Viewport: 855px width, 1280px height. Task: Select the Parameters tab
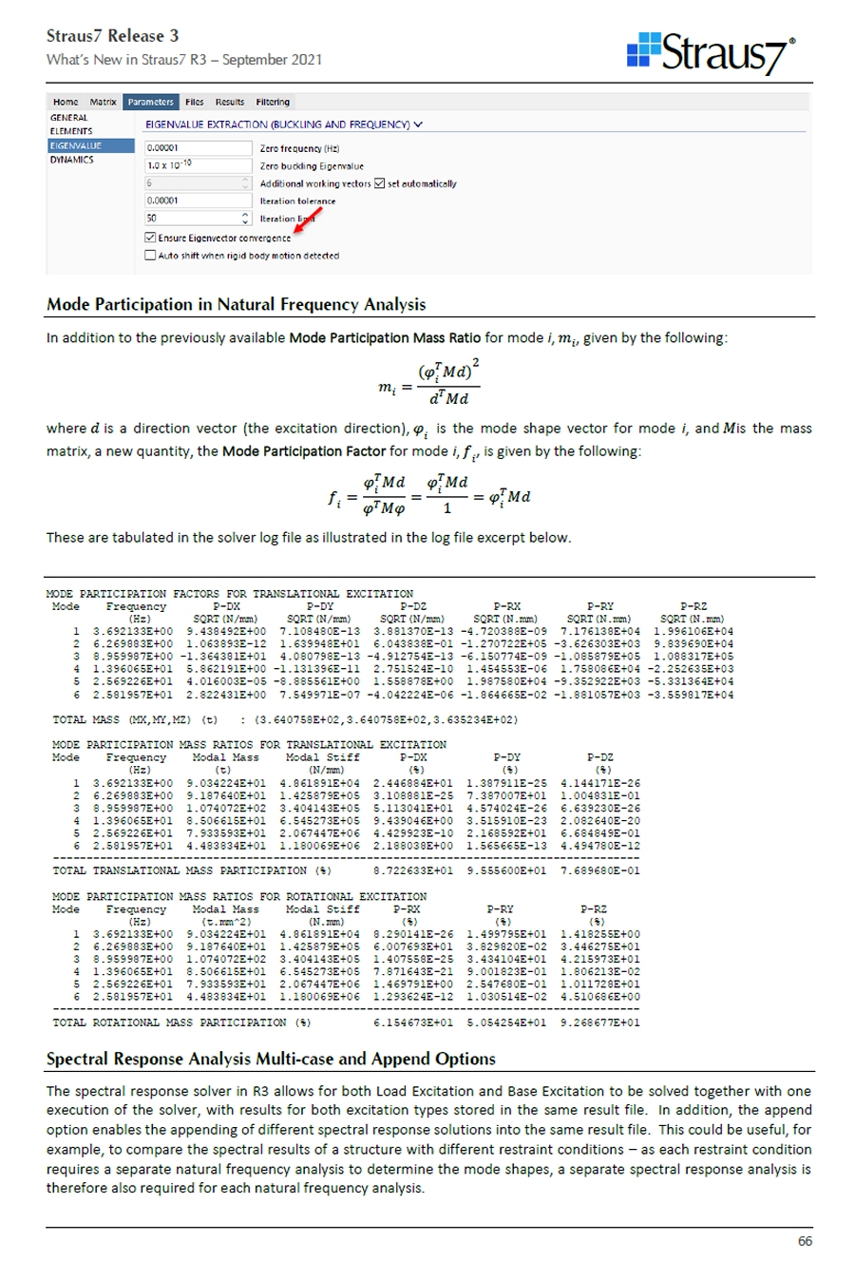tap(150, 102)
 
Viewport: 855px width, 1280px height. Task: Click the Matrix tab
tap(103, 102)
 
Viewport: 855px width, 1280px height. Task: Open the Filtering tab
tap(273, 102)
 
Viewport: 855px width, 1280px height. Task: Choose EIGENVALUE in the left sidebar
tap(76, 146)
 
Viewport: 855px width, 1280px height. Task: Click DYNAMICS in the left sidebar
tap(72, 160)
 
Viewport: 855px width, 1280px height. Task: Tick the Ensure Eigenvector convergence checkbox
tap(150, 238)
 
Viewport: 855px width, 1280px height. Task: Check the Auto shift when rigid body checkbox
tap(150, 256)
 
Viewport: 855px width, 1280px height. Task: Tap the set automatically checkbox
tap(380, 183)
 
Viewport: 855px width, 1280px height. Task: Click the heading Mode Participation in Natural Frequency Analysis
tap(237, 305)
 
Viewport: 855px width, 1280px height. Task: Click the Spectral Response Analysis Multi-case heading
tap(271, 1059)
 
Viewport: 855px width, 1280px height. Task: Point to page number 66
tap(805, 1241)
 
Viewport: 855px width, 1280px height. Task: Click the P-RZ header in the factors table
tap(693, 606)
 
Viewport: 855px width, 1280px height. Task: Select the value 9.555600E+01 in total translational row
tap(506, 870)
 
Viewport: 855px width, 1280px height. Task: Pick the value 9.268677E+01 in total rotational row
tap(599, 1022)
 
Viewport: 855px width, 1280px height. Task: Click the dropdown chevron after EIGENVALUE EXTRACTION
tap(419, 124)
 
